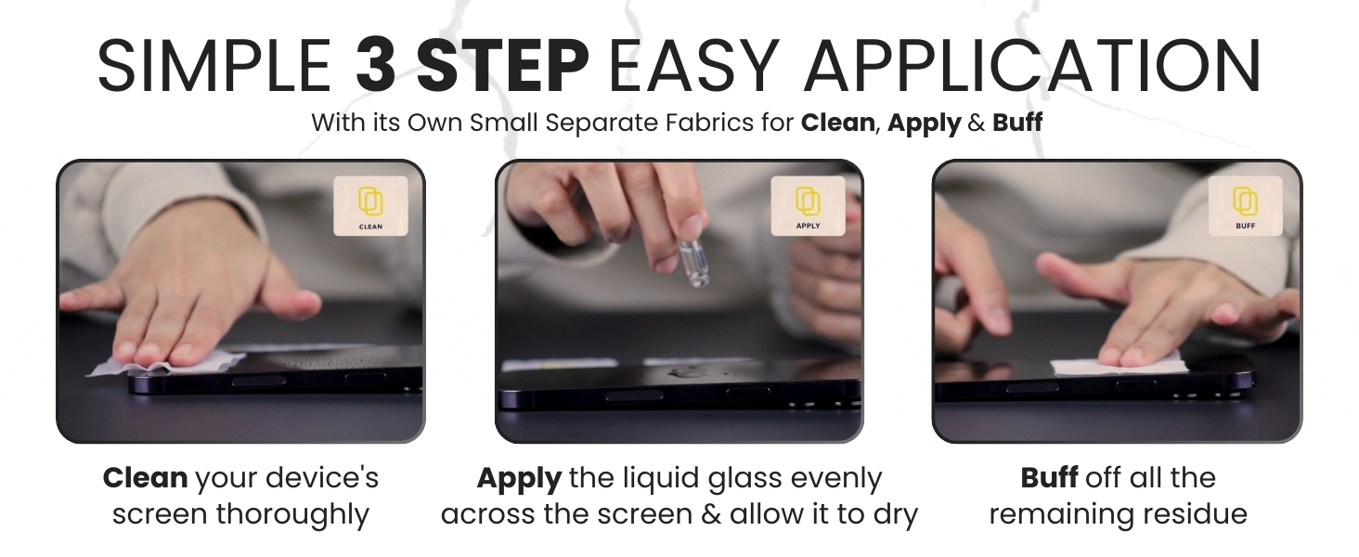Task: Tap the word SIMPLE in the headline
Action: point(214,65)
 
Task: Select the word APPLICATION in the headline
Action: point(1032,65)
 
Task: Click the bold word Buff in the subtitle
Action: point(1017,123)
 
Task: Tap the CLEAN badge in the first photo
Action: point(370,206)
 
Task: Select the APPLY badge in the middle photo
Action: point(808,206)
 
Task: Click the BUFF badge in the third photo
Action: point(1245,206)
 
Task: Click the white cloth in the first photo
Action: point(167,363)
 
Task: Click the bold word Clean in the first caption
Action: point(145,479)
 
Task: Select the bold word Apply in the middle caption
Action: point(519,479)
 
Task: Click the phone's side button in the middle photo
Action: point(622,396)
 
